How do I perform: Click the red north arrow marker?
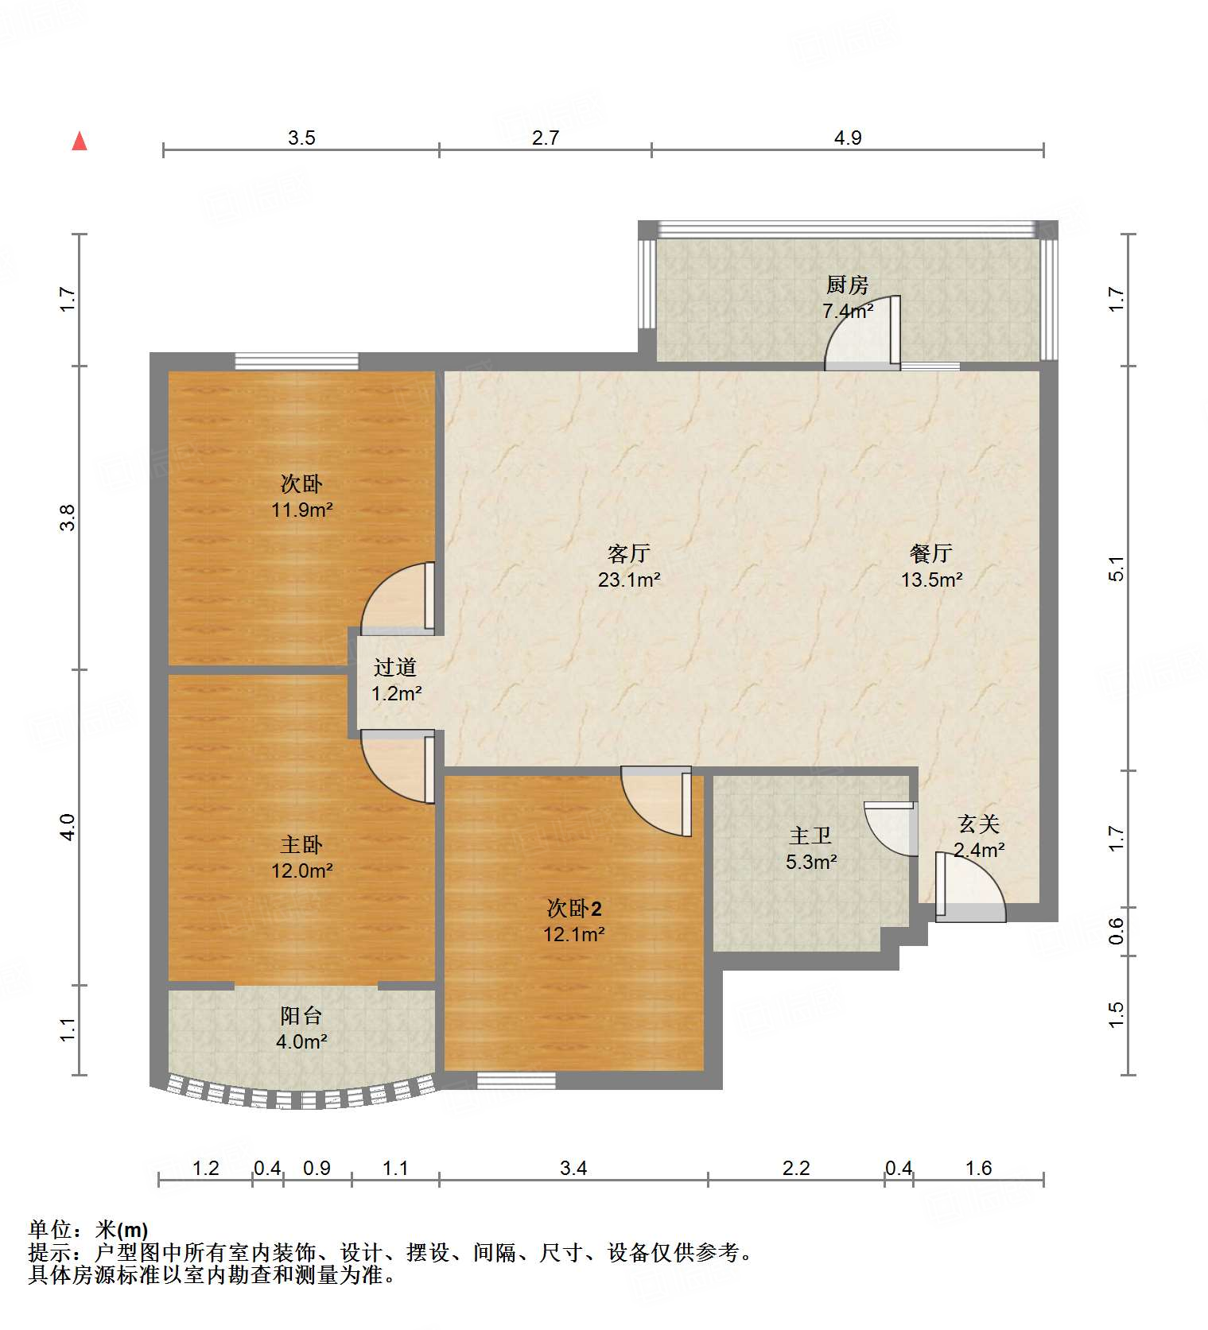(x=80, y=141)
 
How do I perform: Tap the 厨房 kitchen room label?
(x=847, y=285)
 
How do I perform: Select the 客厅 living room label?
(x=629, y=553)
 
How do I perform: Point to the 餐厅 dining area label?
(x=931, y=553)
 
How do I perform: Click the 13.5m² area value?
(x=931, y=580)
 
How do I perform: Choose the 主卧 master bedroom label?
(x=301, y=844)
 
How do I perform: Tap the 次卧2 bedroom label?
(x=573, y=908)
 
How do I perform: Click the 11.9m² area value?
(x=301, y=510)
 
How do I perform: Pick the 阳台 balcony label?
(x=301, y=1015)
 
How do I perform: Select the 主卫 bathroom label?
(x=810, y=836)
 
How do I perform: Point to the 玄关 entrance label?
(x=979, y=824)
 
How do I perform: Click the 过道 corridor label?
(x=395, y=667)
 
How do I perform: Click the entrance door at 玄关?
(x=970, y=887)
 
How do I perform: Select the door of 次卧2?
(x=657, y=801)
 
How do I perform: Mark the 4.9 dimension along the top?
(x=848, y=138)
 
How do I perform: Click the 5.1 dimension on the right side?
(x=1117, y=568)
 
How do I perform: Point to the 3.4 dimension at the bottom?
(x=573, y=1168)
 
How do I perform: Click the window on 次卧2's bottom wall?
(x=516, y=1080)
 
